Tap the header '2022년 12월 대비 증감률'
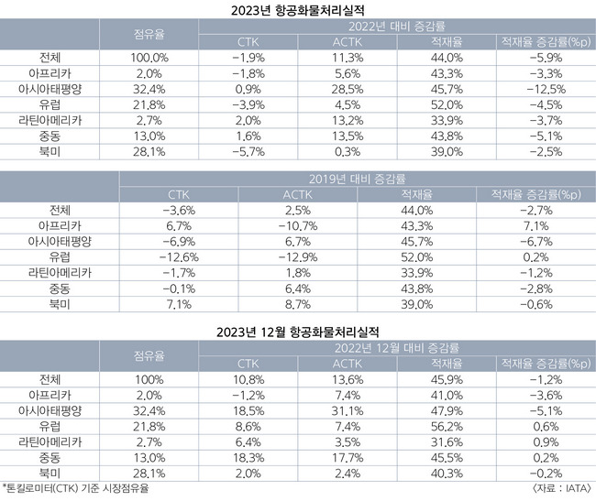click(396, 345)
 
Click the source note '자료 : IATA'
click(557, 488)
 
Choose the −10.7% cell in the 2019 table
click(298, 225)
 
